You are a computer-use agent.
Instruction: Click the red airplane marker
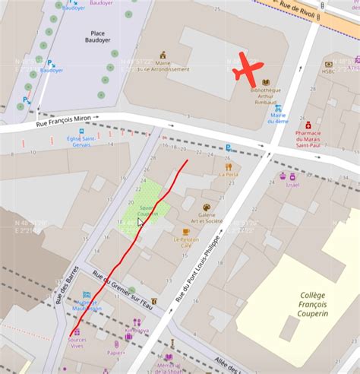[248, 69]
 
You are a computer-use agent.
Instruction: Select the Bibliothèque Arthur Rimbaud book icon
[265, 82]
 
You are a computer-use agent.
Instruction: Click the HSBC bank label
[328, 73]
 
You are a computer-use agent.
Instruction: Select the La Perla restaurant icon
[228, 166]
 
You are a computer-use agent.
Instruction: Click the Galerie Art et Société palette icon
[206, 207]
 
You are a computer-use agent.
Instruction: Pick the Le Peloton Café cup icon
[186, 232]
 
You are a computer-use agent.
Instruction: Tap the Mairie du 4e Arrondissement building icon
[163, 55]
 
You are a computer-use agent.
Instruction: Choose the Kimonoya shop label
[137, 331]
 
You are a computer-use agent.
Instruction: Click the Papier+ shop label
[116, 353]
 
